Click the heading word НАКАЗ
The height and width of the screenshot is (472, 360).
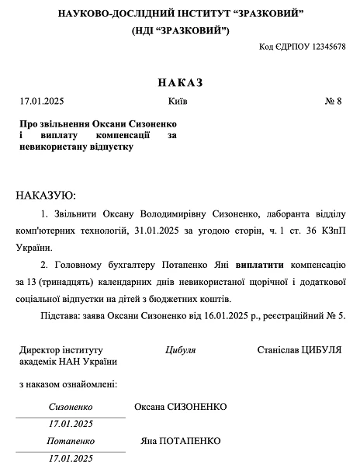179,82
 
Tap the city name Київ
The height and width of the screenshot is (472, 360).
177,102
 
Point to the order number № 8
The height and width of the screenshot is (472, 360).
333,102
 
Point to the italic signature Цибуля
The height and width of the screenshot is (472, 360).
180,350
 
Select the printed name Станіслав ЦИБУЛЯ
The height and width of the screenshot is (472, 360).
299,350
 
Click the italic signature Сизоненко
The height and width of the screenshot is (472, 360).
71,407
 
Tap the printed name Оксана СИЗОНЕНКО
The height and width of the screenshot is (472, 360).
180,407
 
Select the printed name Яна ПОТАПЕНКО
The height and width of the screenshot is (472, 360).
176,441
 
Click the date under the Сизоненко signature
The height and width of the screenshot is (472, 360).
71,424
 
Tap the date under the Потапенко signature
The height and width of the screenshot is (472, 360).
71,458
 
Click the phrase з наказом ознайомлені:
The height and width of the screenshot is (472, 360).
67,383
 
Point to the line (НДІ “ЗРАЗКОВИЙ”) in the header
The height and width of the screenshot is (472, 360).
180,29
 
